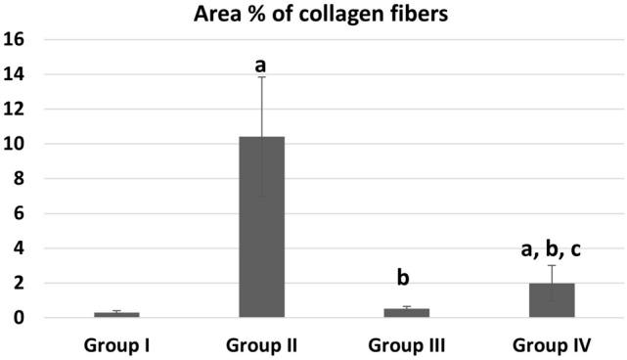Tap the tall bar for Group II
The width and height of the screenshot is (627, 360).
click(262, 227)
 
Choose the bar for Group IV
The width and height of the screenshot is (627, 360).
click(552, 300)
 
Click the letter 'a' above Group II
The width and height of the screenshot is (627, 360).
click(261, 66)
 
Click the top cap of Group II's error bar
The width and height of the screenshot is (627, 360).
click(262, 76)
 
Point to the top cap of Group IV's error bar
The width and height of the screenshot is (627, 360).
click(552, 265)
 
